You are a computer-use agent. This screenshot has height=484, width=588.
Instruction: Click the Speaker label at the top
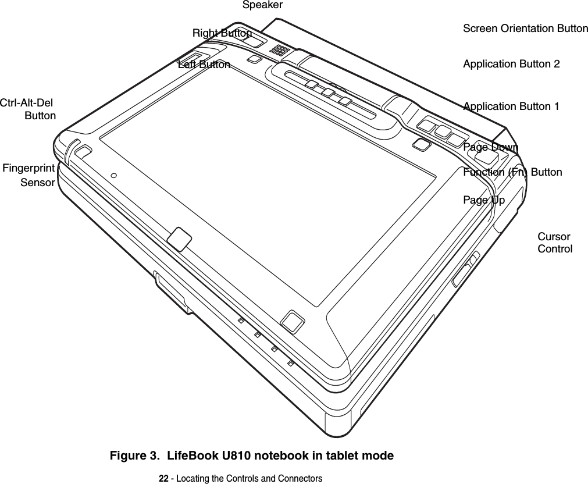point(262,5)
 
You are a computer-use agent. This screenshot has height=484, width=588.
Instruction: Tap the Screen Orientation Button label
point(525,29)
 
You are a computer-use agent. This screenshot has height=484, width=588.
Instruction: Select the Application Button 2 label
point(511,64)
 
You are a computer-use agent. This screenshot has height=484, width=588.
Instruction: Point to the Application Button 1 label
point(511,106)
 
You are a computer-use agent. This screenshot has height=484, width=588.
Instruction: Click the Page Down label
point(490,147)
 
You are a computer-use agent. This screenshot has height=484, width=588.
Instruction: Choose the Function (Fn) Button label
point(512,172)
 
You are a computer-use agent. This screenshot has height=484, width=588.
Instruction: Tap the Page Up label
point(484,201)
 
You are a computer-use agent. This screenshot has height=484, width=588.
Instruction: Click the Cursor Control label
point(554,243)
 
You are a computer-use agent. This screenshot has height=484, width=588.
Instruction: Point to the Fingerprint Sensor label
point(29,175)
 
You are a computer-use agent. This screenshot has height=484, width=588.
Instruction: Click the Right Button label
point(222,33)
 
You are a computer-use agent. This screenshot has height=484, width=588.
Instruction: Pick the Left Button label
point(204,65)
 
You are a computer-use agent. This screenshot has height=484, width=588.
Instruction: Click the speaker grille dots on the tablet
point(280,50)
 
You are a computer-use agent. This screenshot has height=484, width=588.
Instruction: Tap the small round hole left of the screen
point(113,175)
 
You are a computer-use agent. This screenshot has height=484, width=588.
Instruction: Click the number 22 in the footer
point(164,478)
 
